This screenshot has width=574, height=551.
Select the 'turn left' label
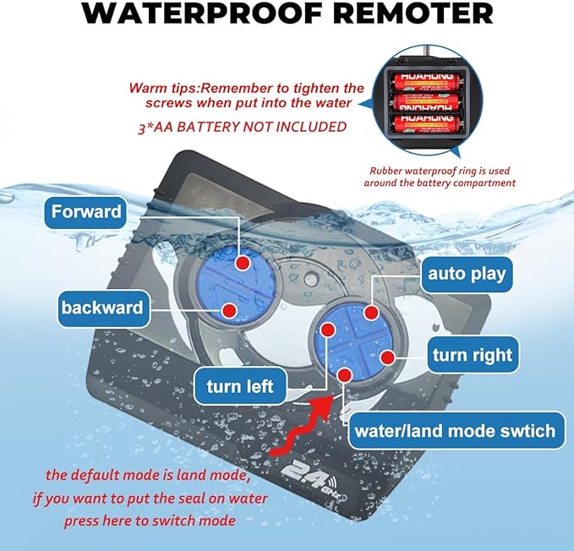pyautogui.click(x=240, y=386)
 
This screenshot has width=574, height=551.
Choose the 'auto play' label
pyautogui.click(x=467, y=273)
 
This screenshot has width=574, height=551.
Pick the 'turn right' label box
pyautogui.click(x=473, y=355)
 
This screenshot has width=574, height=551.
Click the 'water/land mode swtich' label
pyautogui.click(x=455, y=431)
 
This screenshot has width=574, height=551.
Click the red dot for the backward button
pyautogui.click(x=228, y=311)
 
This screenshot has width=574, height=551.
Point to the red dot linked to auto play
pyautogui.click(x=370, y=313)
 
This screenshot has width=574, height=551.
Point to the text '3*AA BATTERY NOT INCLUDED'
pyautogui.click(x=241, y=127)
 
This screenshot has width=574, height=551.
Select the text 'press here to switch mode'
pyautogui.click(x=150, y=520)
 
